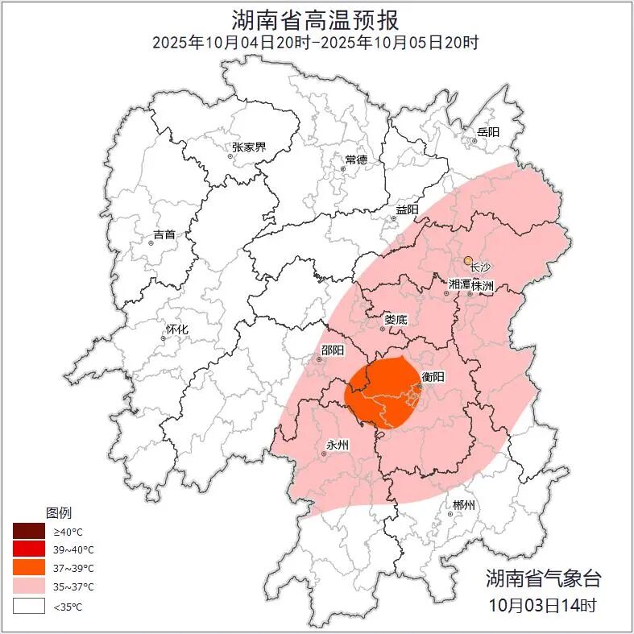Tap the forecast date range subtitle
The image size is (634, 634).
(316, 42)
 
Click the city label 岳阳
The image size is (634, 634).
(487, 131)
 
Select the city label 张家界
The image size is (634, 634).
(248, 147)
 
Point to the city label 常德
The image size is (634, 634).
(355, 160)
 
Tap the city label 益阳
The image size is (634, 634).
(407, 209)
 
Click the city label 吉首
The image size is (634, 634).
(164, 235)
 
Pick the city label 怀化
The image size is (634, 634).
(176, 329)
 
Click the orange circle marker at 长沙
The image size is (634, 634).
(468, 260)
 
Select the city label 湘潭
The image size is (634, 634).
(458, 284)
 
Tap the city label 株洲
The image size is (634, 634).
(482, 284)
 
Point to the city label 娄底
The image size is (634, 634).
(395, 319)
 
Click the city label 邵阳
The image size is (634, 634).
(332, 350)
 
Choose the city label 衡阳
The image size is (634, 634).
(433, 376)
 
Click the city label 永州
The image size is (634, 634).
(337, 445)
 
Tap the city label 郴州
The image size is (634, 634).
(463, 505)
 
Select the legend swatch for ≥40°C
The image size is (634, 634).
(28, 532)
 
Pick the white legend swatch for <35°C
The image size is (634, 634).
(28, 606)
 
